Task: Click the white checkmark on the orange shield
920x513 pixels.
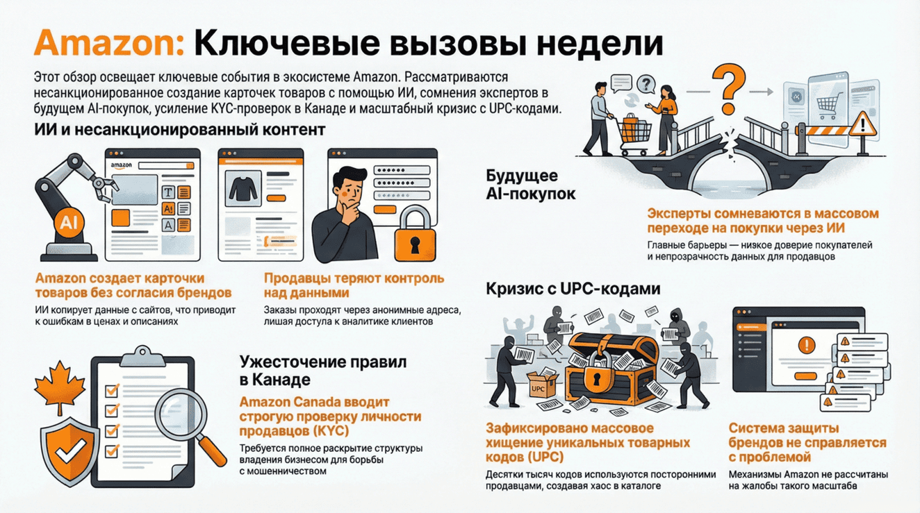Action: coord(69,451)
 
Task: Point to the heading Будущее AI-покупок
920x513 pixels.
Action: coord(530,185)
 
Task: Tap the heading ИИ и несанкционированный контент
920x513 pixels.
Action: coord(179,129)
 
